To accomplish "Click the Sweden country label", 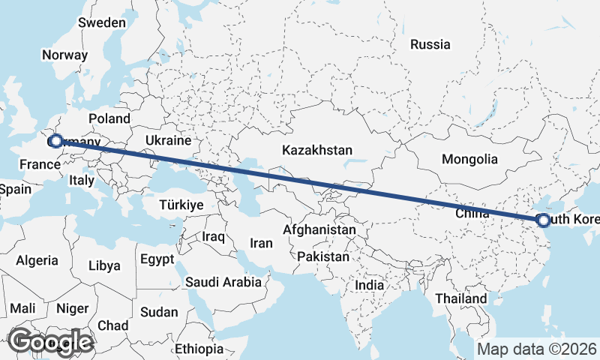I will (102, 22).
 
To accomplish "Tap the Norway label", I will (65, 55).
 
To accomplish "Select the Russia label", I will (430, 44).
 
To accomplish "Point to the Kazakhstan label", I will (317, 151).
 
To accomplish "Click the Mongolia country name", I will (469, 159).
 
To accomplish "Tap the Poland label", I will (109, 118).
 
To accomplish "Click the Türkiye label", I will (181, 205).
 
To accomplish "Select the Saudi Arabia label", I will (223, 282).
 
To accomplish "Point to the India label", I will (369, 285).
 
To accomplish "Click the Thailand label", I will (461, 298).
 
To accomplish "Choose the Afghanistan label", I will (319, 229).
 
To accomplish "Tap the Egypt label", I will (157, 259).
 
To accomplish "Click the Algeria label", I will (37, 260).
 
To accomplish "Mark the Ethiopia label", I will (199, 349).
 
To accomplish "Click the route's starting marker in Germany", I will (55, 141).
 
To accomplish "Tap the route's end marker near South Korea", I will (544, 220).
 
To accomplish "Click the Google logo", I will (51, 341).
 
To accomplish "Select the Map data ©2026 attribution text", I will (536, 349).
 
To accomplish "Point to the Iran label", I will (261, 243).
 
